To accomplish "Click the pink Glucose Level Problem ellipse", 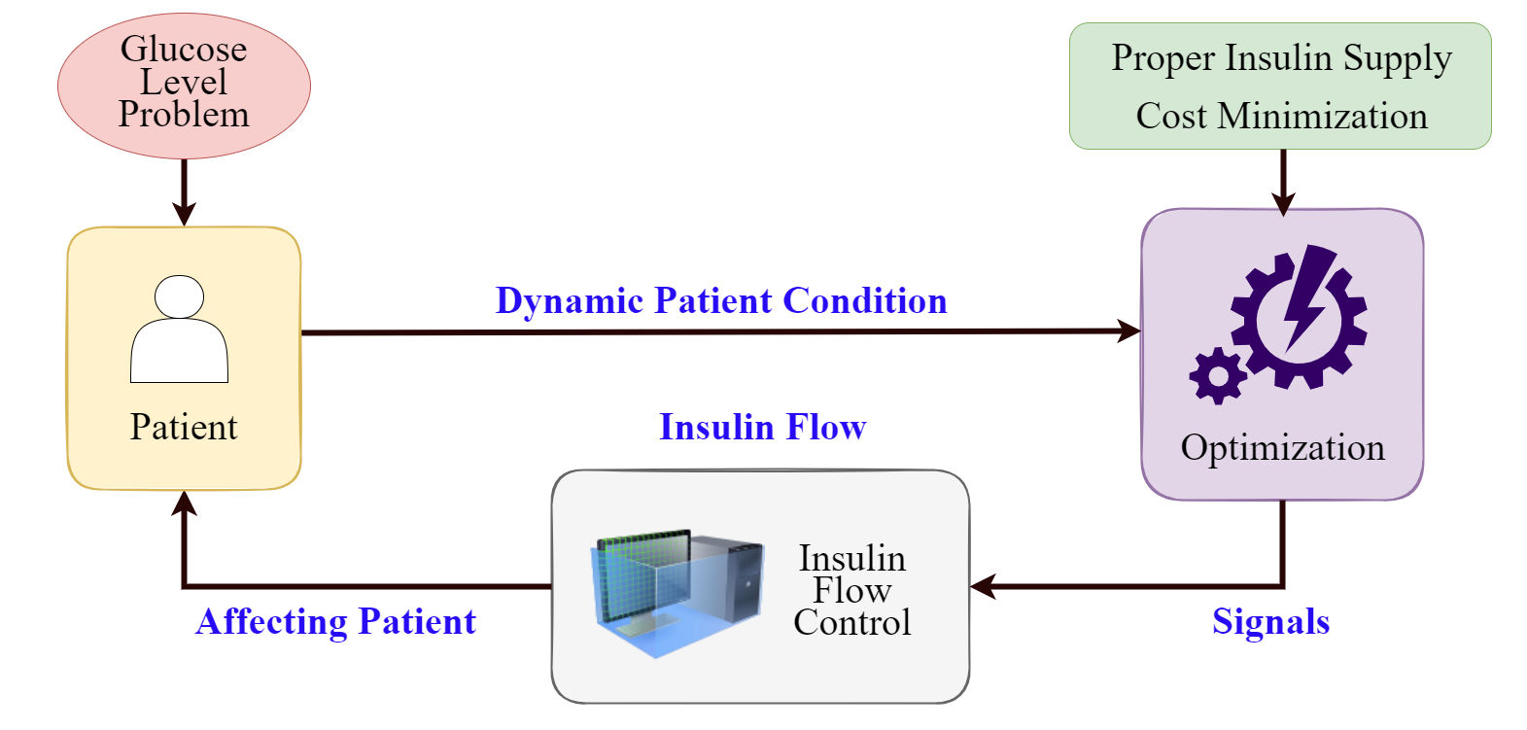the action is point(184,86).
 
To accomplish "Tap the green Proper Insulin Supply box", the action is point(1280,86).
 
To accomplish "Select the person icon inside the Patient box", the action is point(179,329).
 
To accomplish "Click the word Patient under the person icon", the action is point(184,428).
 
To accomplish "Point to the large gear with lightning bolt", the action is point(1300,318).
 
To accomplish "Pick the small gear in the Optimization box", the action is point(1218,375).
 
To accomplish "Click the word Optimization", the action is point(1282,448).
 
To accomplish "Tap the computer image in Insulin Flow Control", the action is point(677,592).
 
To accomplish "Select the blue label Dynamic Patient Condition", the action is point(721,300).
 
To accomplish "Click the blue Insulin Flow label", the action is point(763,428).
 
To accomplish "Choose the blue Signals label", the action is point(1270,622).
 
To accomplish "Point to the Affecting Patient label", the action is point(335,622).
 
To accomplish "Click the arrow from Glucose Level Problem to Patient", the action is point(184,192).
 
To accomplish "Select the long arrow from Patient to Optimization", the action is point(720,331).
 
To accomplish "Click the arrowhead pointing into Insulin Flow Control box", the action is point(983,586).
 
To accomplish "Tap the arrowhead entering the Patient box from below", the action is point(184,503).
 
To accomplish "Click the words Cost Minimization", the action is point(1282,116).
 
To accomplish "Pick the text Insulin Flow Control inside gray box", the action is point(852,590).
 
